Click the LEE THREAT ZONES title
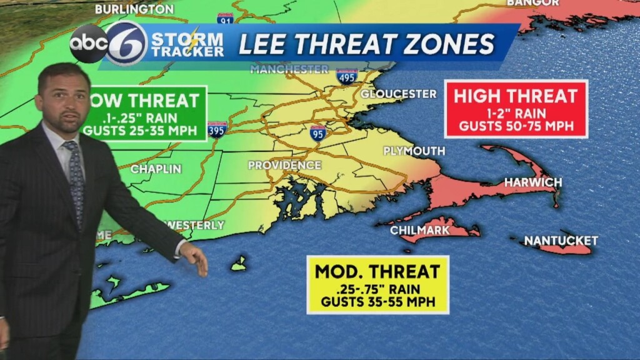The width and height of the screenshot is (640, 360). (367, 44)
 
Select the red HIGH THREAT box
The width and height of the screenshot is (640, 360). (516, 109)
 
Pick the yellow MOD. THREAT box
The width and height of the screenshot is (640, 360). (377, 284)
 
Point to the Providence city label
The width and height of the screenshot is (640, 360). (284, 166)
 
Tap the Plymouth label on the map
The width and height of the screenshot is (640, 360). (414, 151)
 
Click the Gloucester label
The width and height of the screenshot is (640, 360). (398, 94)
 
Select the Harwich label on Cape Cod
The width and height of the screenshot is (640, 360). (533, 182)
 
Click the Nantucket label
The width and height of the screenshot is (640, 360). (561, 241)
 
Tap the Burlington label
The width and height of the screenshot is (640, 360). (134, 9)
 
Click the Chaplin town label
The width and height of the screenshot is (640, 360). (156, 169)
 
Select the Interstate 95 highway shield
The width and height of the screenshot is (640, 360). (317, 132)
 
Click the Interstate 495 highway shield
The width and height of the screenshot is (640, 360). (347, 77)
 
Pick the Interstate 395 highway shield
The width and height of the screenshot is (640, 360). (217, 129)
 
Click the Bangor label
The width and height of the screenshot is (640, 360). (532, 3)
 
